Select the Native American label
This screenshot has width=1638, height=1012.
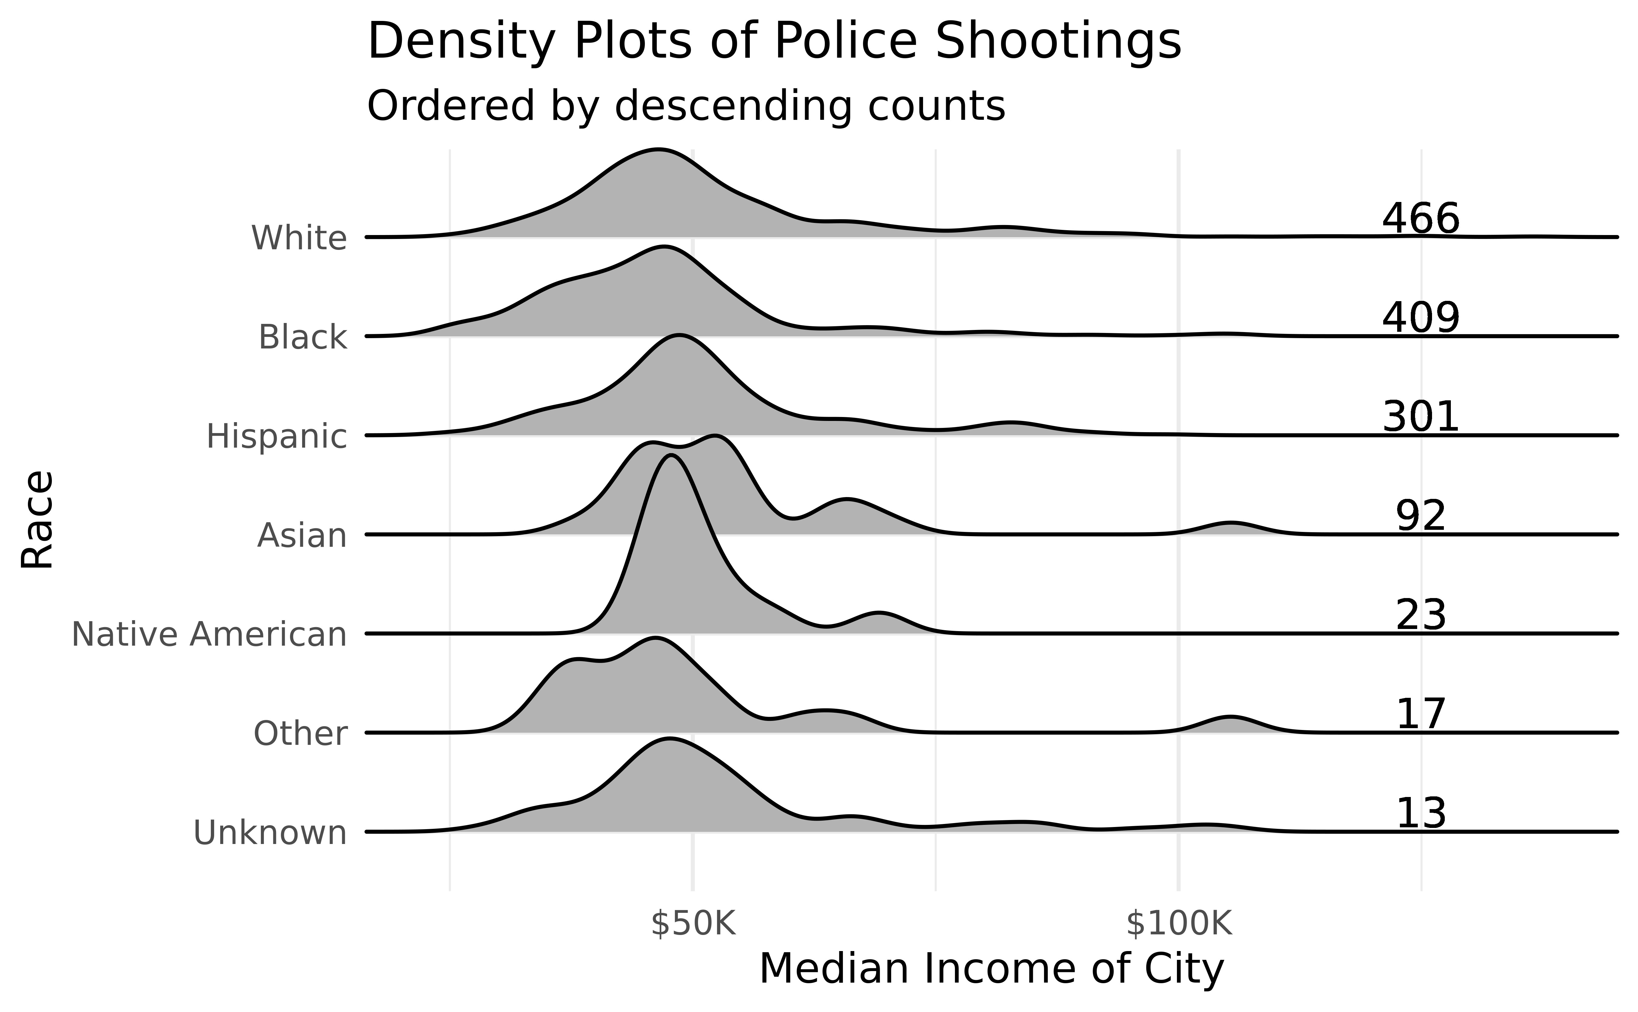click(x=209, y=634)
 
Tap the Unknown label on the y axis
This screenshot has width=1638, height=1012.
click(x=270, y=833)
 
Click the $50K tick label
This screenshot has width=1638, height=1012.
click(x=693, y=924)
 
